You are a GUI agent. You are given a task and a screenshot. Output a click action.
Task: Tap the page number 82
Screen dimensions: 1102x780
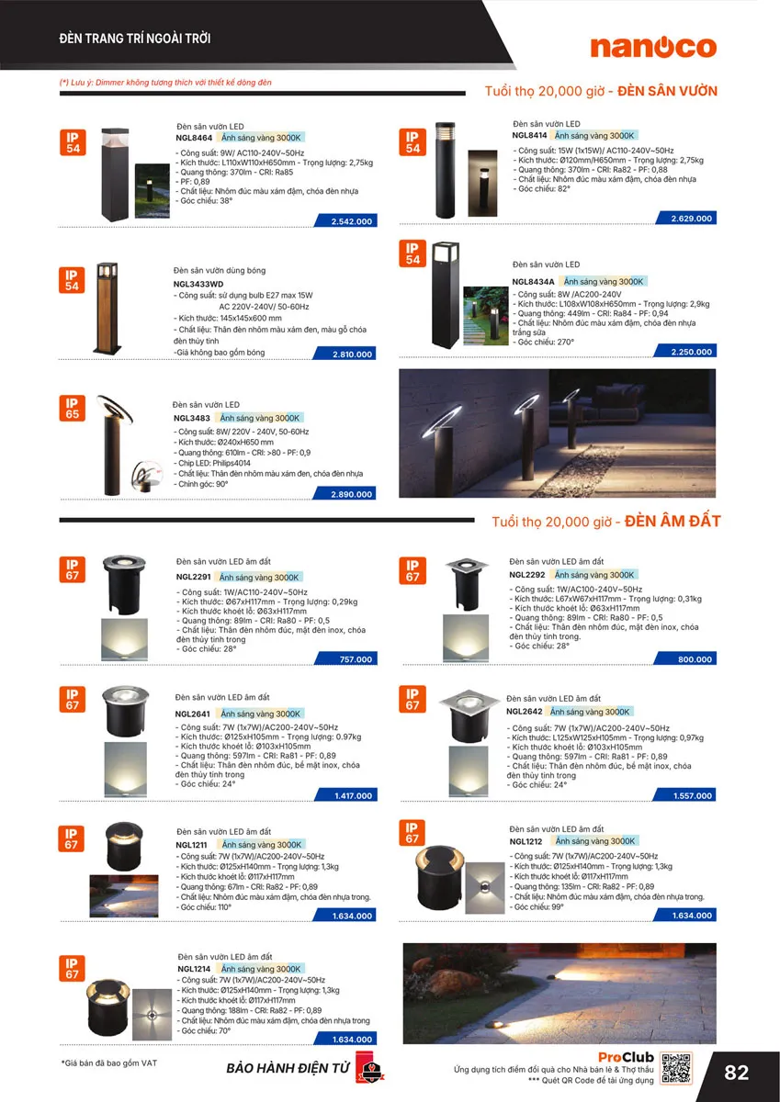[737, 1073]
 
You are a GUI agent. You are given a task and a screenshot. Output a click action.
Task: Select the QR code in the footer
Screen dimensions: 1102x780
[676, 1068]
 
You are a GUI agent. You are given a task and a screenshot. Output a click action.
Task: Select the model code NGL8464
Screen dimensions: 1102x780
[195, 136]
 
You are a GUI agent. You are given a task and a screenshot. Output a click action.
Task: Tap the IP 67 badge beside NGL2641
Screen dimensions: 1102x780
[72, 700]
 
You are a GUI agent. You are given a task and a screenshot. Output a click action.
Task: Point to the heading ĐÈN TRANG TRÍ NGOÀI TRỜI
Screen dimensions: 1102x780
[135, 39]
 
